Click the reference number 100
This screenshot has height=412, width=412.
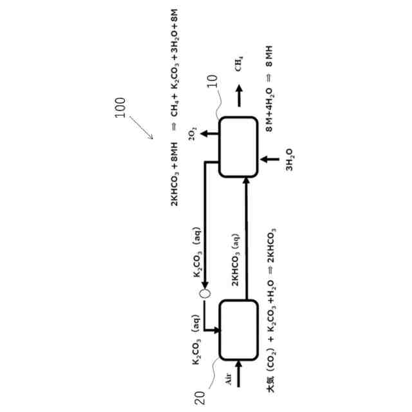tap(123, 110)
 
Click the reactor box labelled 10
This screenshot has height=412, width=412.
tap(238, 147)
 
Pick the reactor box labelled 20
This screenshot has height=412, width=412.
tap(238, 330)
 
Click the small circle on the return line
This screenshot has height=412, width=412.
tap(204, 294)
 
